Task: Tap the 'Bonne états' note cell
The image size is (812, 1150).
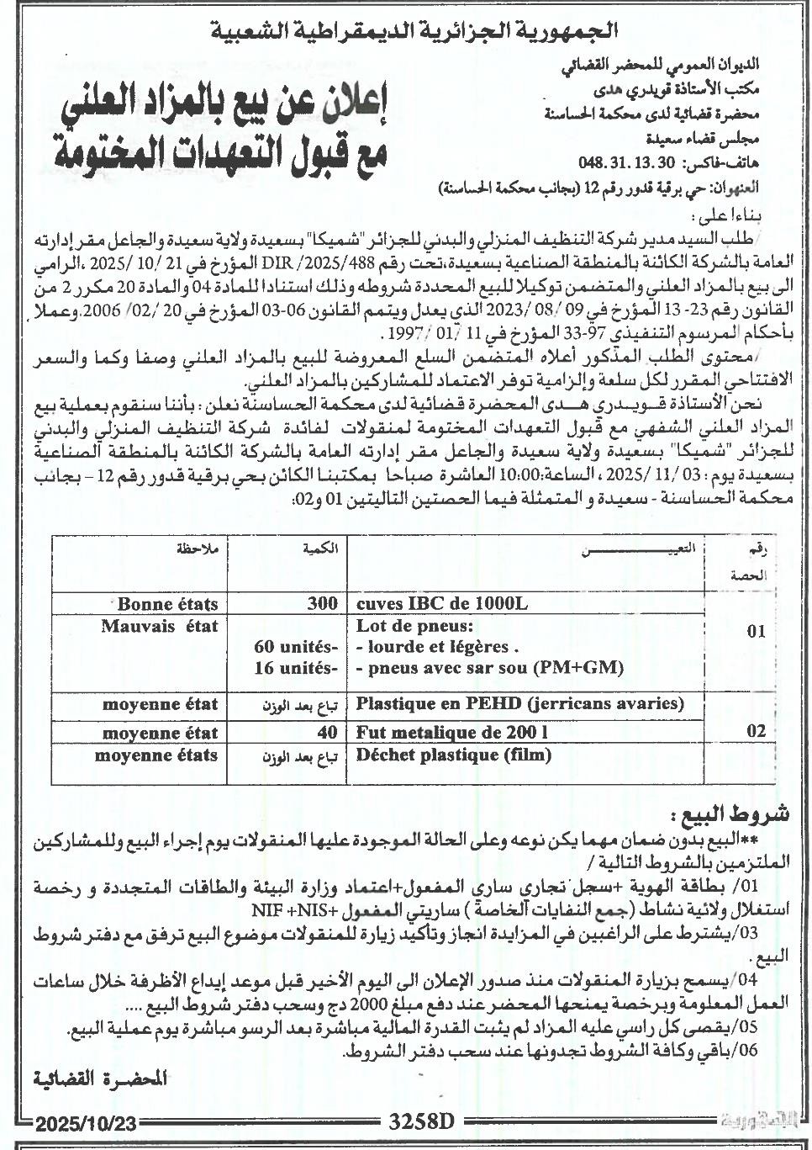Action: click(x=167, y=603)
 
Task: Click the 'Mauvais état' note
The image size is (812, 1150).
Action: click(x=159, y=625)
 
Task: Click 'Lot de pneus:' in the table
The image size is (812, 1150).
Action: click(x=415, y=625)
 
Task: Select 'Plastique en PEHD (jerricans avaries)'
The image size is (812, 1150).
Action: click(x=519, y=703)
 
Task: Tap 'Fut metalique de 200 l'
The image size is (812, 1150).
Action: click(x=451, y=733)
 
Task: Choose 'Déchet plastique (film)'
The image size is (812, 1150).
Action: click(x=453, y=755)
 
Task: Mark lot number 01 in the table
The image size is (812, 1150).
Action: click(x=756, y=632)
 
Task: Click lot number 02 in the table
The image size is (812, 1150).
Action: click(x=756, y=731)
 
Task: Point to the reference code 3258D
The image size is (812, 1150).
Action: click(x=420, y=1121)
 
